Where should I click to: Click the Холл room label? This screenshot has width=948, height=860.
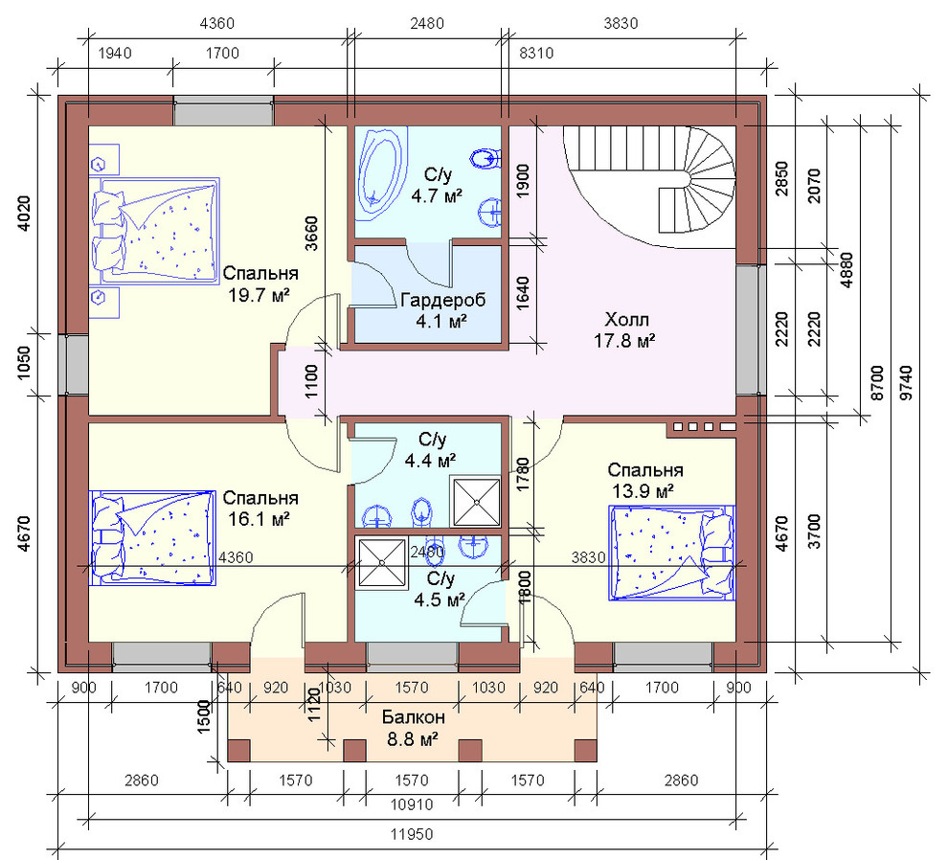tap(626, 319)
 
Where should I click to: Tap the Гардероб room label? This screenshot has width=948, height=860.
tap(443, 300)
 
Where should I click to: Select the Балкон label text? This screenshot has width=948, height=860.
tap(413, 717)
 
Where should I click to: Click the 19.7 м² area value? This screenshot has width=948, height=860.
tap(259, 295)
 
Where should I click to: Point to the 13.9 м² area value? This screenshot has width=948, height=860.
tap(643, 491)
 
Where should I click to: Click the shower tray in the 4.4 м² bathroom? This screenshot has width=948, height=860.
tap(476, 502)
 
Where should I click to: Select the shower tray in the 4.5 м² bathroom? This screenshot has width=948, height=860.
tap(382, 563)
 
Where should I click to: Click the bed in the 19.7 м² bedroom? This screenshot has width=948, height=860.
tap(155, 231)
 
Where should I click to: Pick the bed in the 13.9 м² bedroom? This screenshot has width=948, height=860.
tap(671, 553)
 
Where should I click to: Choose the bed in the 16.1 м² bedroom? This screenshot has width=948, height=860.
tap(152, 537)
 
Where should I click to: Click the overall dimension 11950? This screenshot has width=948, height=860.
tap(411, 834)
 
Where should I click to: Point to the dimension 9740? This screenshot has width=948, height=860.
tap(907, 383)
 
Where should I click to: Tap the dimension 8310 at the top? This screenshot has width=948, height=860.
tap(536, 54)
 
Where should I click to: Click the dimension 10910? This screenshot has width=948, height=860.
tap(411, 805)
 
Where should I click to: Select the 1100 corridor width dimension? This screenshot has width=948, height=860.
tap(311, 381)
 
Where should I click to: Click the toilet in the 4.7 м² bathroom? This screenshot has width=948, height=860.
tap(485, 159)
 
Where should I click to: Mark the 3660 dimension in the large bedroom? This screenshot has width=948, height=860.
tap(311, 234)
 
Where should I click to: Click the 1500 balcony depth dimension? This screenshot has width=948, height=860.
tap(203, 716)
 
